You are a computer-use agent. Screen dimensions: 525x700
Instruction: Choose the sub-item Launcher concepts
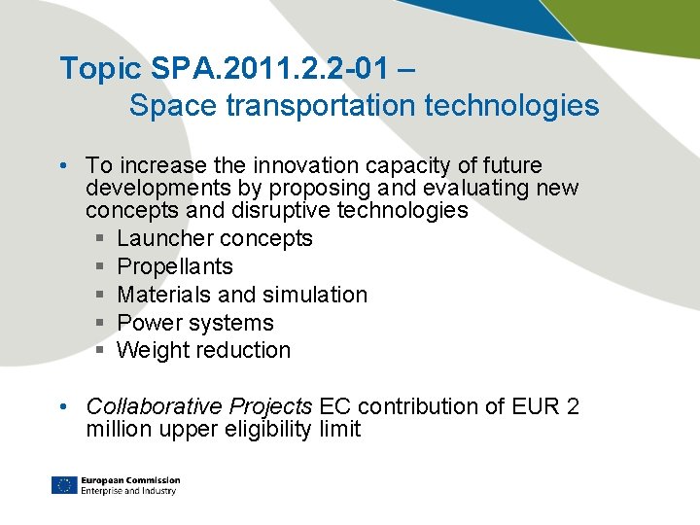[214, 239]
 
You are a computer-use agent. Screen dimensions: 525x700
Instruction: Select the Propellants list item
[175, 266]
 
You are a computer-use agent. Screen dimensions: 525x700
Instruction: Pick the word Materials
[161, 295]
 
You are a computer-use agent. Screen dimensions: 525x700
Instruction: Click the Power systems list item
[194, 323]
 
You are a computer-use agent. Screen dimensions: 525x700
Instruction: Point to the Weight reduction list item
[203, 350]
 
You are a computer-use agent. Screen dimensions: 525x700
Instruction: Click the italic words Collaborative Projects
[199, 406]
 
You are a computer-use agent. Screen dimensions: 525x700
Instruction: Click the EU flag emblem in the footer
[64, 485]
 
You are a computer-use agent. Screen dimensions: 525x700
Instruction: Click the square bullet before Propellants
[101, 267]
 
